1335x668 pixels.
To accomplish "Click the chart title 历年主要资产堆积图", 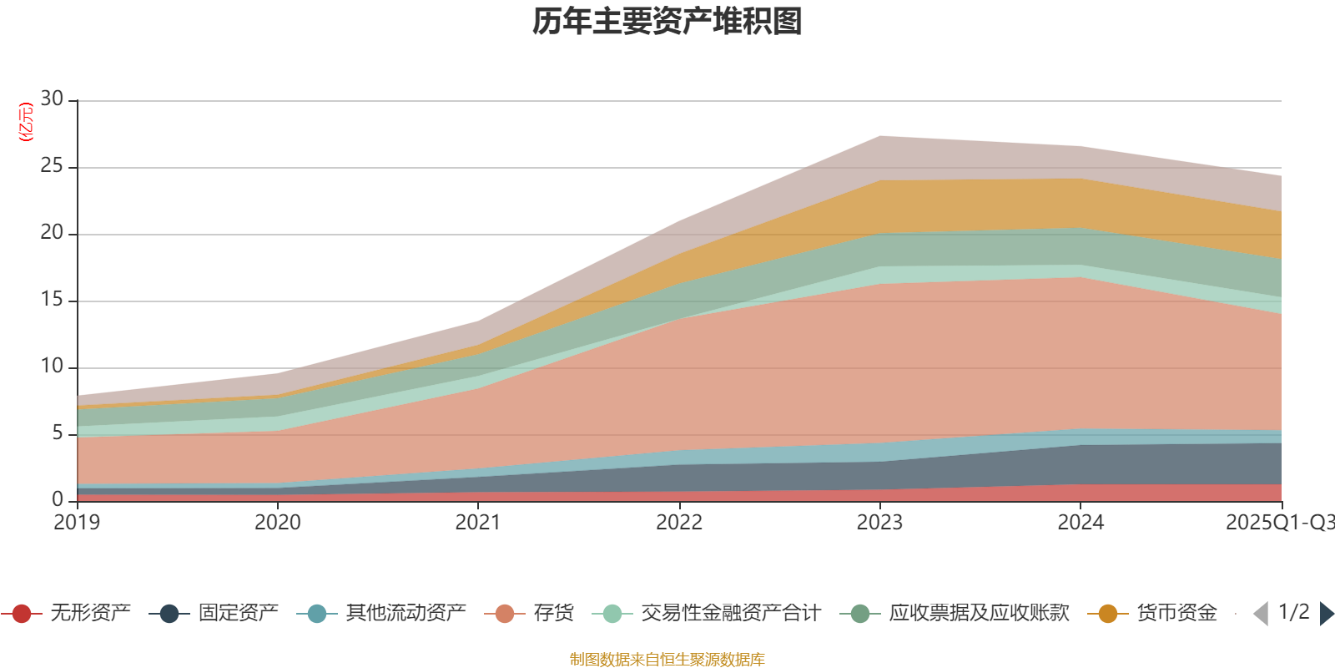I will click(667, 22).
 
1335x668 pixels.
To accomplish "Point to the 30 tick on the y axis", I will click(53, 99).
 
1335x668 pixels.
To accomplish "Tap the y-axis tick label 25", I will click(53, 166).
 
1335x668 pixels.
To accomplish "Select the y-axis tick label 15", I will click(53, 300).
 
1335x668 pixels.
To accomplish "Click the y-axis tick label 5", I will click(58, 433).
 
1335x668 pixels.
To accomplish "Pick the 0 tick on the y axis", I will click(58, 500).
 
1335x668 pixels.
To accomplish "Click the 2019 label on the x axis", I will click(77, 523).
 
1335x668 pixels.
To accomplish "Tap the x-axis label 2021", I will click(478, 523).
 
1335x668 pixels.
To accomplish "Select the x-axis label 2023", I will click(879, 523).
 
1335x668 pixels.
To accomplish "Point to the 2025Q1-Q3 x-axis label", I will click(1279, 523).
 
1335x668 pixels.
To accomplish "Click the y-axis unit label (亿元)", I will click(26, 122).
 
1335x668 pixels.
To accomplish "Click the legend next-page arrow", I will click(1326, 614).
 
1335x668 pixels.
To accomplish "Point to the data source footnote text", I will click(667, 660).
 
